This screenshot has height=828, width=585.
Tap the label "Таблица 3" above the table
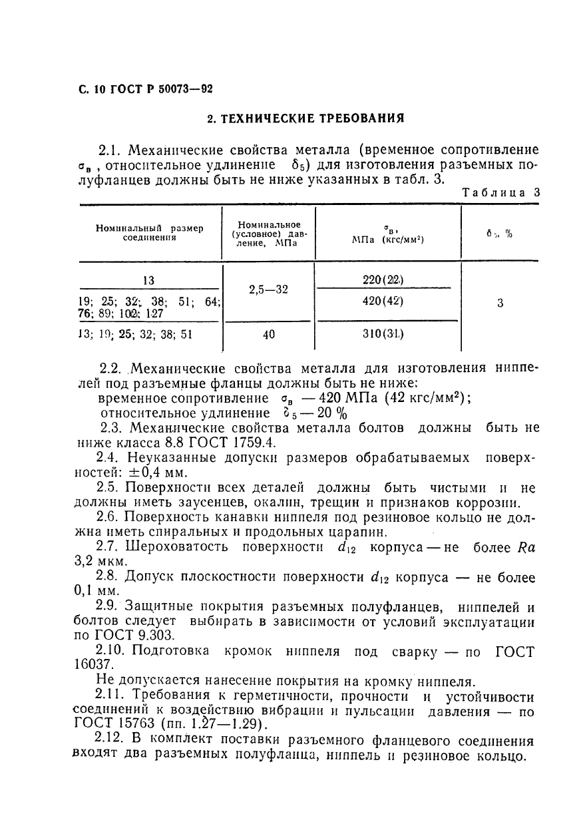pyautogui.click(x=501, y=192)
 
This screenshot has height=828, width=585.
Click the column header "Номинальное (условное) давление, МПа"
pyautogui.click(x=269, y=234)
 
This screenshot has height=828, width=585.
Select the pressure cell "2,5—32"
pyautogui.click(x=269, y=291)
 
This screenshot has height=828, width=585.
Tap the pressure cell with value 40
pyautogui.click(x=269, y=335)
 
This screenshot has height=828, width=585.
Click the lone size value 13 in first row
pyautogui.click(x=149, y=280)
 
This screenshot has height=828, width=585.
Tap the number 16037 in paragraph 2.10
pyautogui.click(x=93, y=665)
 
